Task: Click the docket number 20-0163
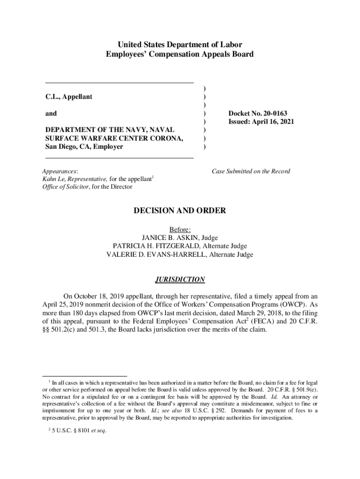tap(272, 114)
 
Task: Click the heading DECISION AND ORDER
tap(180, 211)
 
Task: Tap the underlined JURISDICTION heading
tap(180, 280)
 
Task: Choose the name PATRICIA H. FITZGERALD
tap(158, 246)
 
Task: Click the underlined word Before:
tap(180, 229)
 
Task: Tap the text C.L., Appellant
tap(69, 97)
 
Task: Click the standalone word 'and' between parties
tap(51, 114)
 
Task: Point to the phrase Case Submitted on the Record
tap(251, 171)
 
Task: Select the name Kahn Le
tap(54, 179)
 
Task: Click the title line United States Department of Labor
tap(180, 45)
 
